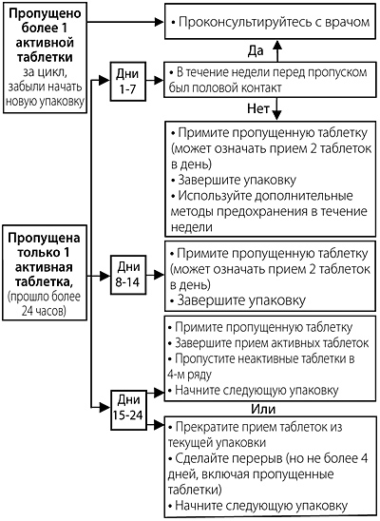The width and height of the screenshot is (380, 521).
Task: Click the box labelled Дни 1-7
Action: pyautogui.click(x=128, y=82)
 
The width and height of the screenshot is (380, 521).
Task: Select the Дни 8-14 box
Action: pyautogui.click(x=128, y=275)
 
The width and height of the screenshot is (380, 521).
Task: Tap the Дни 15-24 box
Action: pyautogui.click(x=128, y=411)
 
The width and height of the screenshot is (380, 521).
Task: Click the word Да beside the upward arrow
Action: pyautogui.click(x=256, y=50)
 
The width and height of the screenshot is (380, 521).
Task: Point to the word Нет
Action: pyautogui.click(x=257, y=108)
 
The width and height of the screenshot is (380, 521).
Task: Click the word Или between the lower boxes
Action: pyautogui.click(x=263, y=409)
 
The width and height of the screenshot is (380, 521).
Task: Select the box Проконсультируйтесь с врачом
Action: pyautogui.click(x=270, y=22)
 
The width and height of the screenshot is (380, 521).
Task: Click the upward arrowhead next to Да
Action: pyautogui.click(x=277, y=46)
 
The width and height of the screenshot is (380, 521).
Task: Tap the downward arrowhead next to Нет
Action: pyautogui.click(x=277, y=115)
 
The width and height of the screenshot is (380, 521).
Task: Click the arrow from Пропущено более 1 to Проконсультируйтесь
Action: pyautogui.click(x=125, y=22)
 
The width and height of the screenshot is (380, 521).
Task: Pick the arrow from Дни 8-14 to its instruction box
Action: pyautogui.click(x=155, y=275)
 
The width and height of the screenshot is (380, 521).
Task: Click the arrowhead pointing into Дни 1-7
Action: pyautogui.click(x=104, y=80)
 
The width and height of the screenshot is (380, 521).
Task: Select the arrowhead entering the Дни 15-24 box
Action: pyautogui.click(x=104, y=407)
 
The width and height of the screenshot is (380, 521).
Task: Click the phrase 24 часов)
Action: pyautogui.click(x=44, y=311)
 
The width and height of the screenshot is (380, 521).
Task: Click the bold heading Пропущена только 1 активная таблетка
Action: pyautogui.click(x=45, y=260)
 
